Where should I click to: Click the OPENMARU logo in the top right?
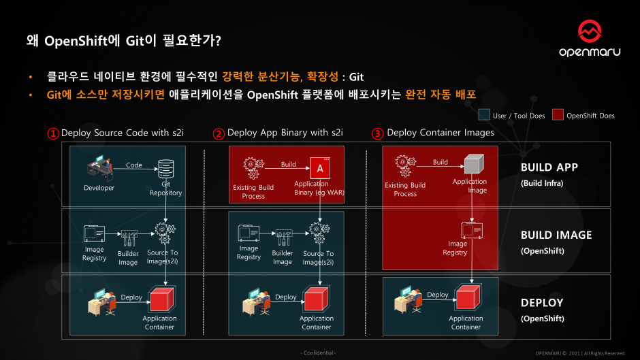click(590, 39)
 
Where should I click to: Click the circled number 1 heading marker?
click(53, 133)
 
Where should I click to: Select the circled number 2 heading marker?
click(219, 133)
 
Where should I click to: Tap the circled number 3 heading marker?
click(377, 133)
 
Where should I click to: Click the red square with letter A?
click(319, 167)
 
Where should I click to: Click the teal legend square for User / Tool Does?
click(485, 115)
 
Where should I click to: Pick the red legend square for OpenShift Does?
click(557, 115)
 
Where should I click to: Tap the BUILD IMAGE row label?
click(556, 235)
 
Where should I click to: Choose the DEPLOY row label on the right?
click(542, 303)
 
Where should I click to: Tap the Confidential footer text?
click(318, 353)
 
